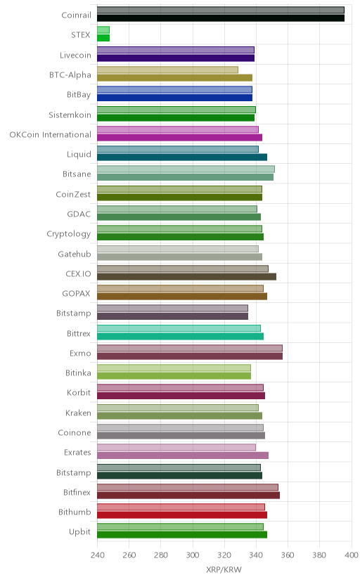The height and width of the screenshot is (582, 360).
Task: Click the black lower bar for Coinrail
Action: pos(221,18)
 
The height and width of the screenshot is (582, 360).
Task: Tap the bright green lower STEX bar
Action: pos(103,38)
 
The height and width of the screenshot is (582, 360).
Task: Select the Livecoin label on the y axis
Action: pos(75,55)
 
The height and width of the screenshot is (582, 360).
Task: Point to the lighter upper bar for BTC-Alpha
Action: pos(168,70)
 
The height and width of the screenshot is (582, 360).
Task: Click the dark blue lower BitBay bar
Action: pos(175,98)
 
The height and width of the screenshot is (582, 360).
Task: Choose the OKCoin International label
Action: pos(51,134)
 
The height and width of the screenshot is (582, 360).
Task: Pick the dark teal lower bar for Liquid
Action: pos(182,157)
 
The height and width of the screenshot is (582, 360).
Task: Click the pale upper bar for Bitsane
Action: pos(186,169)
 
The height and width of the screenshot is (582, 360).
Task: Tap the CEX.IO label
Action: pos(78,273)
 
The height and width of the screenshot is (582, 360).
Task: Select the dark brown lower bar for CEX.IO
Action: pos(187,276)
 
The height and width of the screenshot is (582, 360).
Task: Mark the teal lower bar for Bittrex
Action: pos(181,336)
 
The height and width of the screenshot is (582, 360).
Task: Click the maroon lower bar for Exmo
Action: pos(190,356)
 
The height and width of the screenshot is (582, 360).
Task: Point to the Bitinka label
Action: pos(78,373)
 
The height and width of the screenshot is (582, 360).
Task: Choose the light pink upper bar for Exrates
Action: pos(176,447)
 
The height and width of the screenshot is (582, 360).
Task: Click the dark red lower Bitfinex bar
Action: pos(188,495)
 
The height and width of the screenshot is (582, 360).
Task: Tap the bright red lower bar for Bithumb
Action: pos(182,515)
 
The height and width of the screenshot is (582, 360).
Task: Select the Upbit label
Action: pos(79,532)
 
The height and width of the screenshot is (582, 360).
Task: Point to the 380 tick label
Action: pos(319,555)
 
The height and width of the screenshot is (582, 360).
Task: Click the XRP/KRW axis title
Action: pos(224,570)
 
